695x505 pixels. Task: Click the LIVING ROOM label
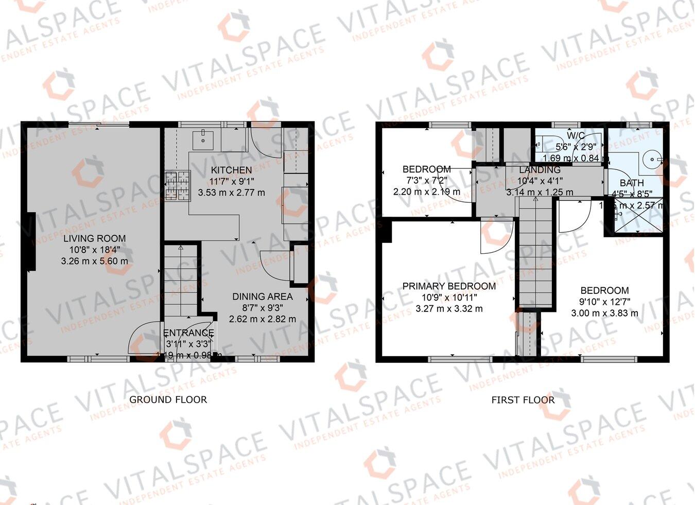click(94, 238)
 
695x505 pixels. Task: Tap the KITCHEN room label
click(231, 170)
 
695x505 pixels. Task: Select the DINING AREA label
click(262, 297)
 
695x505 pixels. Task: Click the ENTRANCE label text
click(188, 333)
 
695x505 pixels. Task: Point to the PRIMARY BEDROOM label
click(449, 286)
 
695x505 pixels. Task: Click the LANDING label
click(539, 170)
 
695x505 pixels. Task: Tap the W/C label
click(576, 135)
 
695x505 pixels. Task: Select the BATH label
click(631, 183)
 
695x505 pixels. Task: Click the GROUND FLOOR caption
click(168, 399)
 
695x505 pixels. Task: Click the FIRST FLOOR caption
click(523, 400)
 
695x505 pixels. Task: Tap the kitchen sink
click(204, 138)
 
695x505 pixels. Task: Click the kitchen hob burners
click(178, 185)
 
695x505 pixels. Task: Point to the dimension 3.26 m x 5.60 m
click(94, 261)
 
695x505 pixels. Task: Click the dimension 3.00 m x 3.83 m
click(604, 313)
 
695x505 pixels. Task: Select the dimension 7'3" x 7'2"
click(426, 181)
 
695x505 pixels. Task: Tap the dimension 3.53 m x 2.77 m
click(231, 193)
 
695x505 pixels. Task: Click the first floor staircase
click(535, 252)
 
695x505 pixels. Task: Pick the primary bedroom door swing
click(495, 237)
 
